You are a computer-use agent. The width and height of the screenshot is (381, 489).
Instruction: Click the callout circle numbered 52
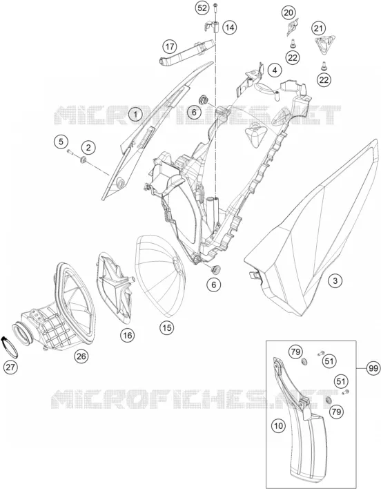click(x=203, y=8)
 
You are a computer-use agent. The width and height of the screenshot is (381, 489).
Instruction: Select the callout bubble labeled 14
click(x=230, y=28)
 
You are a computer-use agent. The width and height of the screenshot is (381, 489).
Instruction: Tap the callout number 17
click(x=170, y=47)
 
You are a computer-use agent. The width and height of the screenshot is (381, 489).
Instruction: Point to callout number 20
click(x=289, y=13)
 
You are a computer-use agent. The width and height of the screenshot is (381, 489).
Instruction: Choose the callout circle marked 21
click(x=318, y=29)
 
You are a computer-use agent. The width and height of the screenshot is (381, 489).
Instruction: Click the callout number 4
click(x=275, y=70)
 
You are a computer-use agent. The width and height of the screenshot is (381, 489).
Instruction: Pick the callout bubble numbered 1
click(x=135, y=115)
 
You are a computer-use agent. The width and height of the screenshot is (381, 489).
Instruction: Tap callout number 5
click(x=61, y=142)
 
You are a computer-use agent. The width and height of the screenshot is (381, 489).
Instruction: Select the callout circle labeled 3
click(x=335, y=280)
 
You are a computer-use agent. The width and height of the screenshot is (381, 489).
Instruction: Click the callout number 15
click(x=167, y=327)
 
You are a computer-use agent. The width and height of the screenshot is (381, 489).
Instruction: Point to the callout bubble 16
click(x=128, y=335)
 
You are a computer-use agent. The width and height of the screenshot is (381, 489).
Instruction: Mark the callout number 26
click(x=81, y=356)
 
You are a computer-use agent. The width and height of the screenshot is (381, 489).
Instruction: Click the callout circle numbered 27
click(x=10, y=367)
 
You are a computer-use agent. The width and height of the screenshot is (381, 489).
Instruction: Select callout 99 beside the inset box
click(x=373, y=368)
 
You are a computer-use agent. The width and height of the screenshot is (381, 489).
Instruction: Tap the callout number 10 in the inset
click(x=279, y=425)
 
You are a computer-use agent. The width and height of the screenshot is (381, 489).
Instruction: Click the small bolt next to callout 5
click(x=69, y=152)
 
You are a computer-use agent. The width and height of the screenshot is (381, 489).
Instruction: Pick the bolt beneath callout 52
click(x=215, y=9)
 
